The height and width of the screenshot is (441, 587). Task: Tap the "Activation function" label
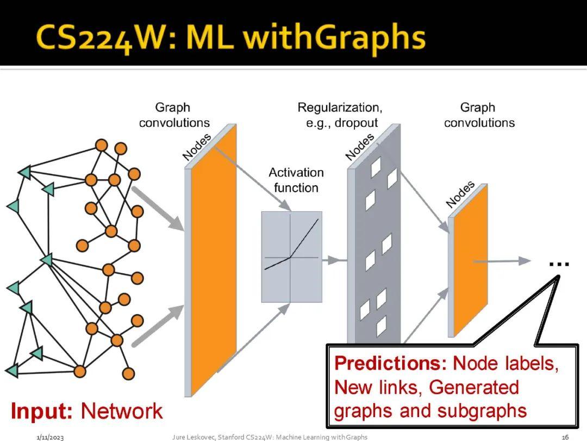point(296,180)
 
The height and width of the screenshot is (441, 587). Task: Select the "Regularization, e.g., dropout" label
point(339,115)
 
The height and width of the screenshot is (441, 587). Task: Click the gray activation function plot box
point(291,256)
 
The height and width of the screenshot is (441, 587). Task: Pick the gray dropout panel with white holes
point(375,240)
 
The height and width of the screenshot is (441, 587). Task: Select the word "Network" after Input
point(121,411)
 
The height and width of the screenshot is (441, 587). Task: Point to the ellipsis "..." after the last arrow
point(559,264)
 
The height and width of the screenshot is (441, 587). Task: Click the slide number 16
point(565,437)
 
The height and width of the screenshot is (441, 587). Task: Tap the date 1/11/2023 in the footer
point(50,437)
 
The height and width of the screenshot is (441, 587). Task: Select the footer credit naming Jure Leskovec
point(269,437)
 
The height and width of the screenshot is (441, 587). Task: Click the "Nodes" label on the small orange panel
point(460,194)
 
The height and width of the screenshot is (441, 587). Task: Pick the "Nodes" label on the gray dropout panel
point(359,147)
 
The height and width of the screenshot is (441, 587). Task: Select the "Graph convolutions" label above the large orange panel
point(174,115)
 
